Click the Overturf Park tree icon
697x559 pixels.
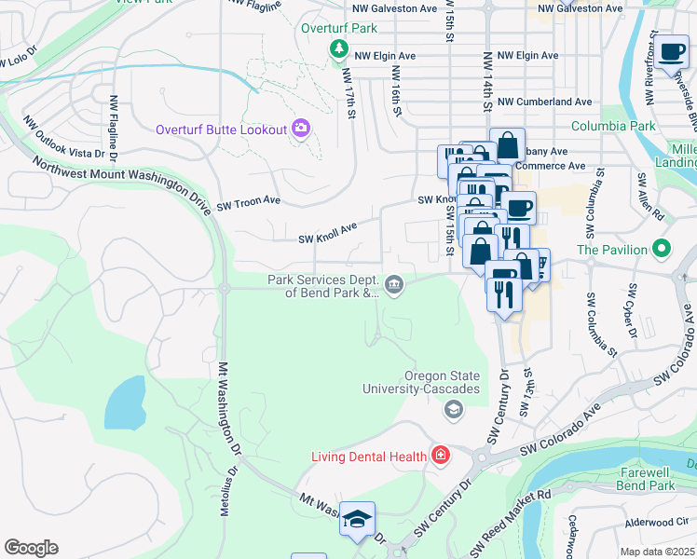tap(340, 48)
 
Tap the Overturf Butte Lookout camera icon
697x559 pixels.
tap(301, 129)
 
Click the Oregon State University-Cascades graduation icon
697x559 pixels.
tap(454, 409)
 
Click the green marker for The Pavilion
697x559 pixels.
tap(662, 249)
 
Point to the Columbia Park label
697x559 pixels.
tap(613, 126)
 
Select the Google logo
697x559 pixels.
tap(31, 548)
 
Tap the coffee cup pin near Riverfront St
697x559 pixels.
tap(671, 53)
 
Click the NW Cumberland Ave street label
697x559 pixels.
tap(544, 102)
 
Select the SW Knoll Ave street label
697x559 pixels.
tap(328, 232)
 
